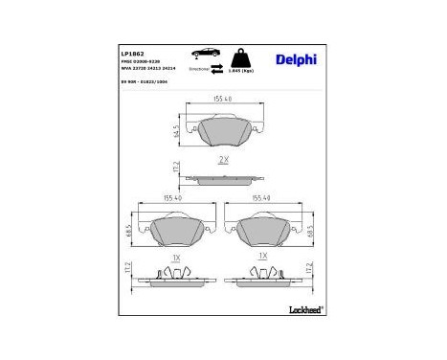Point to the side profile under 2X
coord(222,177)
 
